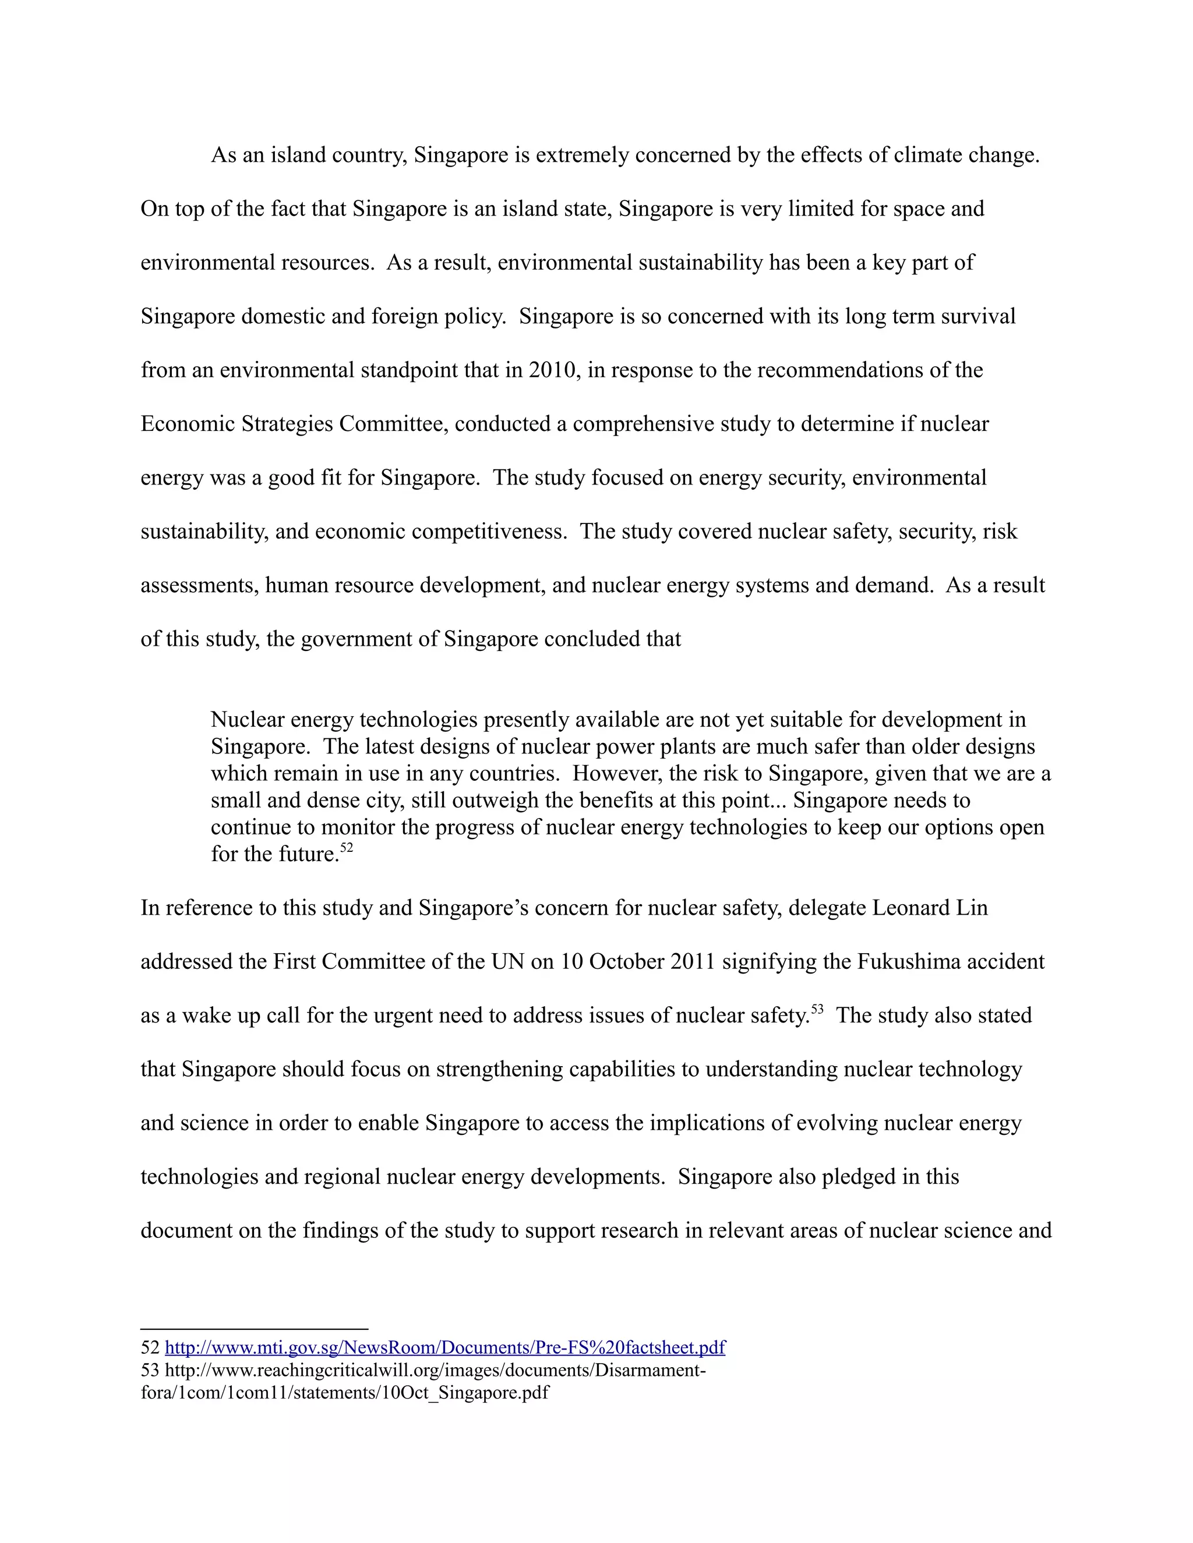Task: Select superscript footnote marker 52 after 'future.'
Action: (x=347, y=848)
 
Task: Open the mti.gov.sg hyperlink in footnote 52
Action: (x=444, y=1347)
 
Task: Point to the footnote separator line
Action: (x=255, y=1329)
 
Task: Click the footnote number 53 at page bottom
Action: (x=150, y=1370)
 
